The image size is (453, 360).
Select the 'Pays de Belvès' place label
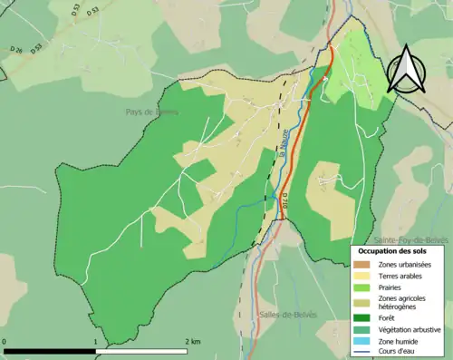tap(152, 112)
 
